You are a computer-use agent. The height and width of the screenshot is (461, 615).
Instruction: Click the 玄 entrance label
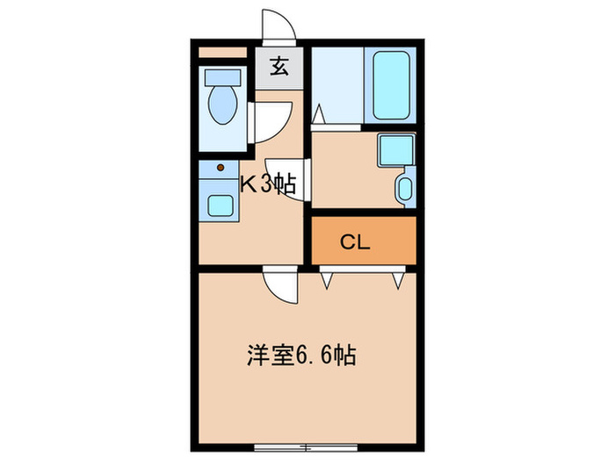tap(279, 67)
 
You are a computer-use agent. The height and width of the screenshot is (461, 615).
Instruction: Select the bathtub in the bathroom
tap(392, 86)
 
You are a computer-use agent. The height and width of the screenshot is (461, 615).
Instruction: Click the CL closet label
tap(355, 241)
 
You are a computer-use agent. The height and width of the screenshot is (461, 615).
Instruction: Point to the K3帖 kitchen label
tap(268, 184)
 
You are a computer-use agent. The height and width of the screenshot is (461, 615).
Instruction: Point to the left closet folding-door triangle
tap(328, 279)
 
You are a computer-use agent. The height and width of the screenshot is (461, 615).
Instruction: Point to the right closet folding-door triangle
tap(399, 279)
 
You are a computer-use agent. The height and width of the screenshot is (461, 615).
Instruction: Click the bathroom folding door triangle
tap(318, 115)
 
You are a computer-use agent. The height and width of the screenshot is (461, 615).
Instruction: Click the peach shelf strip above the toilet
tap(224, 52)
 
